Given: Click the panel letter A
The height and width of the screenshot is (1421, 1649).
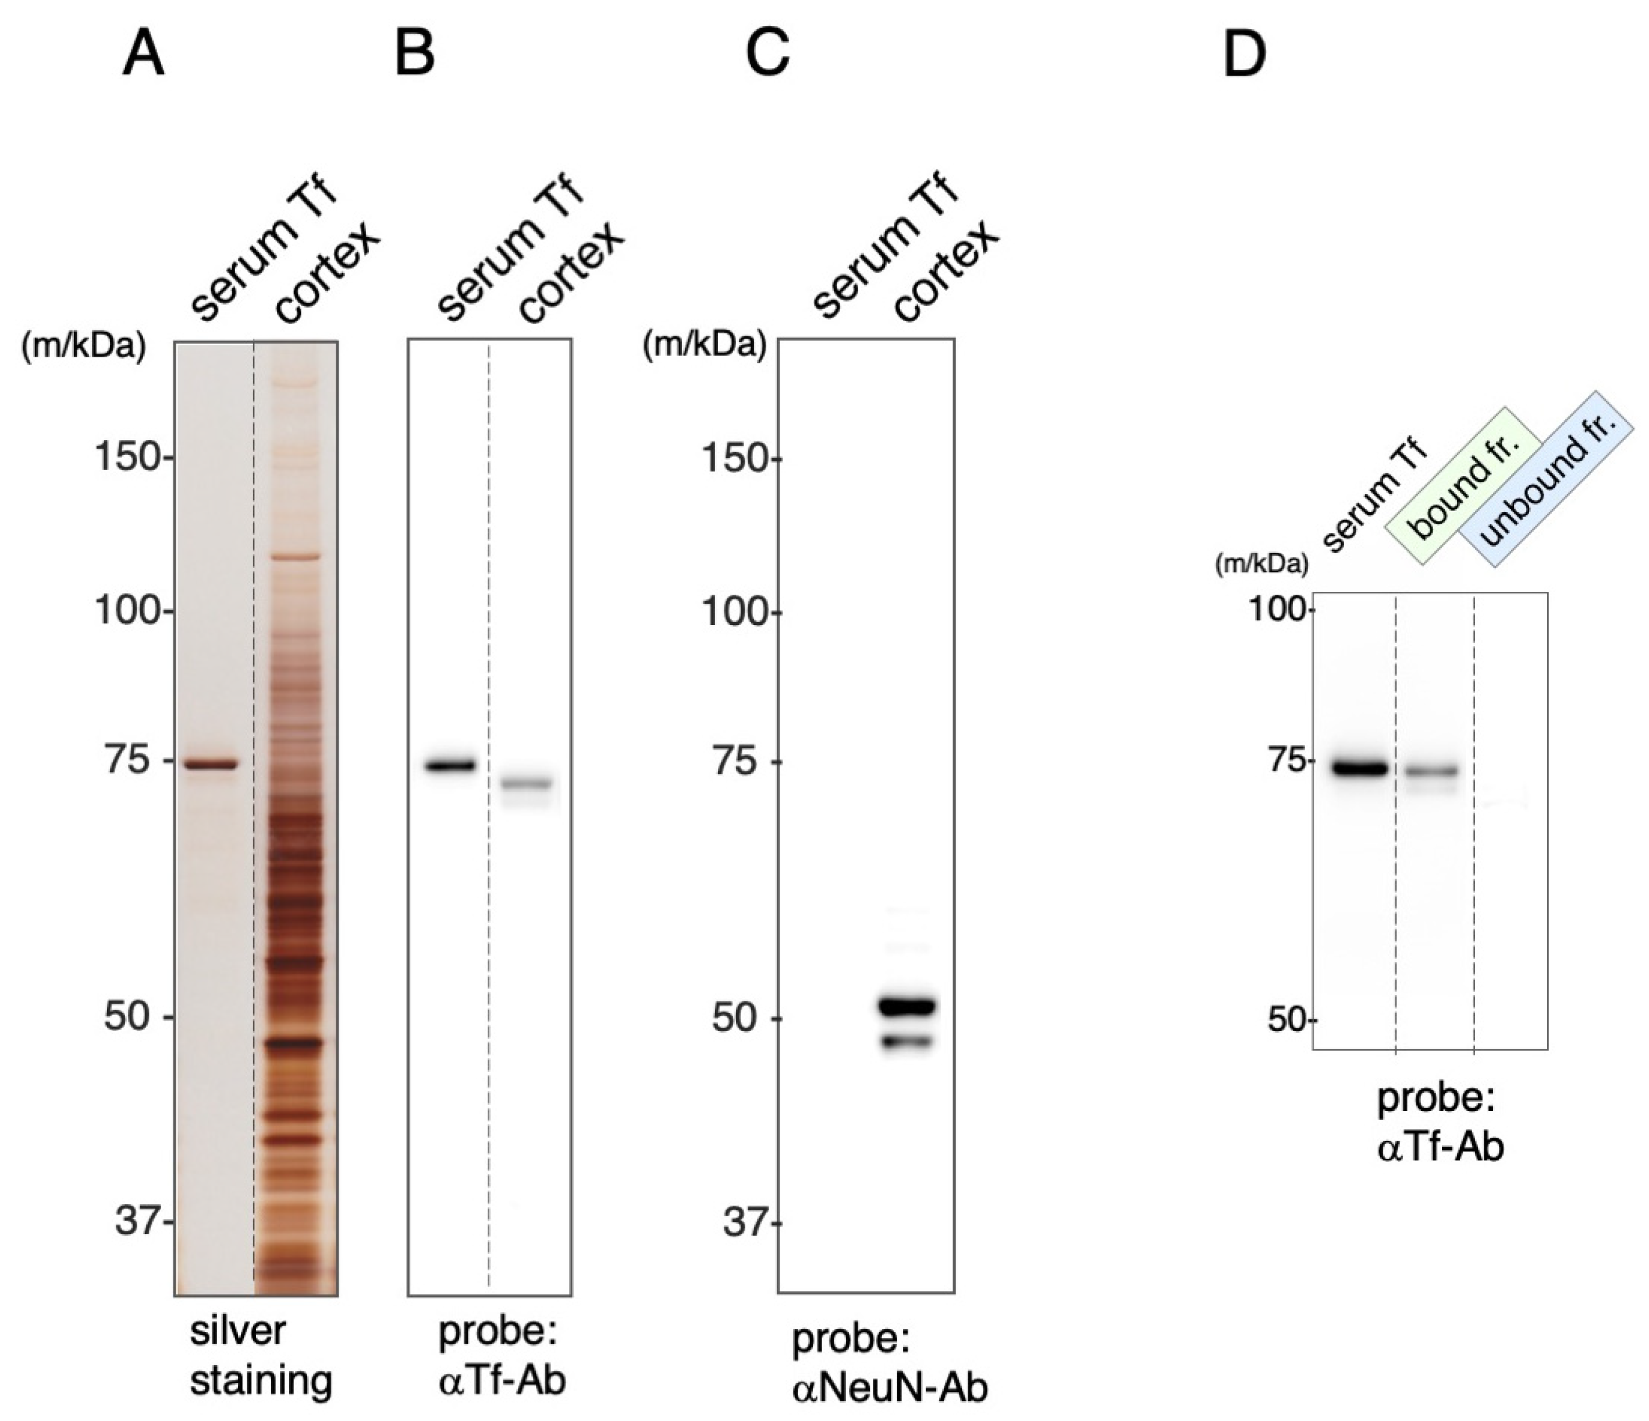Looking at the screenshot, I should click(x=143, y=56).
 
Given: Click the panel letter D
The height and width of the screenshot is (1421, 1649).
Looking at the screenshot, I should click(x=1244, y=56).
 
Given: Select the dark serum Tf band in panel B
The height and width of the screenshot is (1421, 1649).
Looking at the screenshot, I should click(x=450, y=765).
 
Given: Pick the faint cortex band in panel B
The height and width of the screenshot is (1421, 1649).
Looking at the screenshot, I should click(x=526, y=783).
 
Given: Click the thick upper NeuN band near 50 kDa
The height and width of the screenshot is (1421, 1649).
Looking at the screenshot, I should click(x=907, y=1006).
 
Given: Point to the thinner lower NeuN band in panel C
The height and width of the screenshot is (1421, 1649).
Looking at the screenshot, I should click(x=907, y=1041).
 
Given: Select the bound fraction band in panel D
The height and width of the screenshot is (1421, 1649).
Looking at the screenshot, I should click(x=1431, y=770).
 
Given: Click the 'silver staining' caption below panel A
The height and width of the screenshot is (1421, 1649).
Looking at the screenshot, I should click(x=260, y=1356).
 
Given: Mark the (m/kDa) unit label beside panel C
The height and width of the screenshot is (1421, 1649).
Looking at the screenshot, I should click(x=704, y=346).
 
